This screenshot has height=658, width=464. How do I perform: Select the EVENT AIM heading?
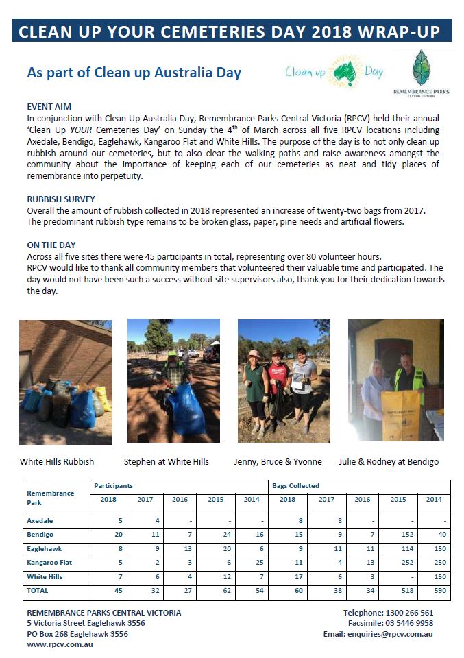click(49, 107)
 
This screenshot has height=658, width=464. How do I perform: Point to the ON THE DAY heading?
click(51, 245)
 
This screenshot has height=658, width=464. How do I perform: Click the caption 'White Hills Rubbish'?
click(57, 461)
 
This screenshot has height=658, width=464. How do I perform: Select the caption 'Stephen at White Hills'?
click(167, 461)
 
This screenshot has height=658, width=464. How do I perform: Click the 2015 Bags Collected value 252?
click(397, 562)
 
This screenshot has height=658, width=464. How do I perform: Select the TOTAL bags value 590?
click(433, 590)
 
